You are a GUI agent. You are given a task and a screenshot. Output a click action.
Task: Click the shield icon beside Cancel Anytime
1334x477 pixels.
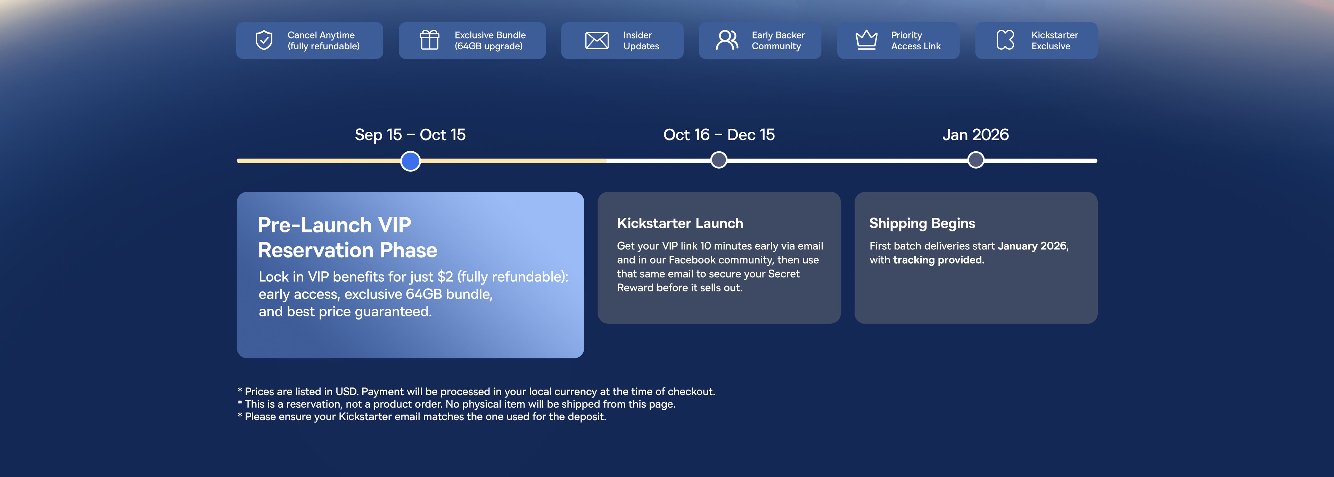264,40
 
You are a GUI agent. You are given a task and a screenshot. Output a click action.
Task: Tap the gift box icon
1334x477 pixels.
429,40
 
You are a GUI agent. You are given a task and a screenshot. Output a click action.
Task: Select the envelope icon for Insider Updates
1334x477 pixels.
596,40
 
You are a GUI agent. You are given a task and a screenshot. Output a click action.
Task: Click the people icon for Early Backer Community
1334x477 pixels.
727,40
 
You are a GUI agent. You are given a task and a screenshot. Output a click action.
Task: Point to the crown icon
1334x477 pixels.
866,40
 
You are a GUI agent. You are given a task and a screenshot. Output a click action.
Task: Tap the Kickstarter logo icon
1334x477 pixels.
1005,40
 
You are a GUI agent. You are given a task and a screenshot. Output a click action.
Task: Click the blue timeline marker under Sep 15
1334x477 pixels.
411,161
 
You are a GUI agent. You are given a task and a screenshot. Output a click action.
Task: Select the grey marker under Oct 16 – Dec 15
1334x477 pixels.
719,160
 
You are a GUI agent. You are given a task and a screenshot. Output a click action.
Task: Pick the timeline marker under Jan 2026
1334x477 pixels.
975,160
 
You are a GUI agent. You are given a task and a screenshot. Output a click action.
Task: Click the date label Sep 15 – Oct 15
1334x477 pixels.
410,135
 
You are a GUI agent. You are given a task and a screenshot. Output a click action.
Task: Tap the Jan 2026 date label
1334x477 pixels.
975,135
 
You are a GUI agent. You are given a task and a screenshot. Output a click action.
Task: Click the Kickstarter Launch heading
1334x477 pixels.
680,223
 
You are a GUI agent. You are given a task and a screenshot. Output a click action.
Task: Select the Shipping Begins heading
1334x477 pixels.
922,223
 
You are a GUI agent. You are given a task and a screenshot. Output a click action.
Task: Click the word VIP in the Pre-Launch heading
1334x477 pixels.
395,225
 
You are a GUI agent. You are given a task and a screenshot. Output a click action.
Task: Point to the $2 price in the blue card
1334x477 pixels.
445,277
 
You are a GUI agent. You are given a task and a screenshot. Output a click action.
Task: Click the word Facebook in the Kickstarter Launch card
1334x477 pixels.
692,260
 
